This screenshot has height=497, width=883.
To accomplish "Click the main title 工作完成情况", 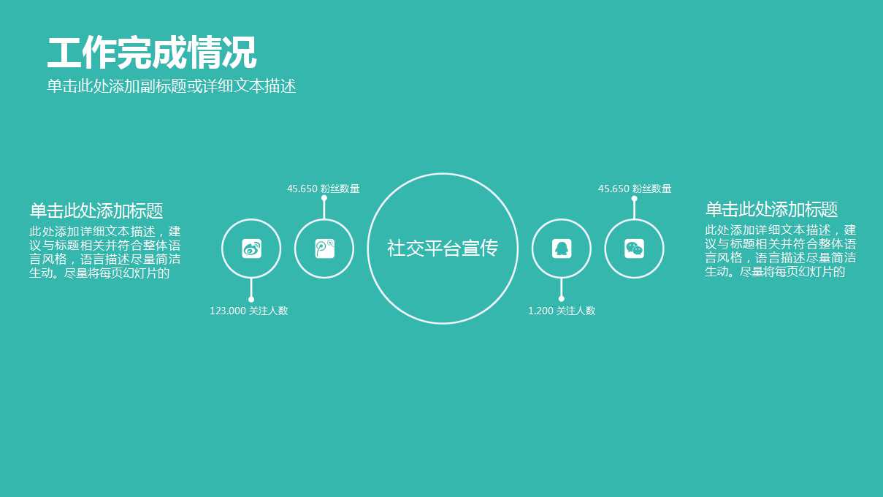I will pos(152,53).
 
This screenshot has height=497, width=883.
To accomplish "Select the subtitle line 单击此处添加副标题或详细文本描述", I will pos(172,86).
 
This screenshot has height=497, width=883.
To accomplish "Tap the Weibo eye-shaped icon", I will pos(251,248).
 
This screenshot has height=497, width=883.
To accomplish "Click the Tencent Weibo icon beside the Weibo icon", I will pos(324,248).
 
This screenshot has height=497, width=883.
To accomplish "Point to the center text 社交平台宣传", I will pos(443,248).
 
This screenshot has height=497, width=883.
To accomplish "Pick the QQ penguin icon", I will pos(561,248).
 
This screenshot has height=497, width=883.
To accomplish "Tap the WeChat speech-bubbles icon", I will pos(634,248).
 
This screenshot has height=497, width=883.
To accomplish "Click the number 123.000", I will pos(227,311).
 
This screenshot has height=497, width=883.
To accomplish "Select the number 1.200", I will pos(540,311).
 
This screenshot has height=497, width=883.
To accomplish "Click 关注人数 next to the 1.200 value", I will pos(576,311).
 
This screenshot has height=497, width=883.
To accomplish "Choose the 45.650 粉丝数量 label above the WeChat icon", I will pos(634,189).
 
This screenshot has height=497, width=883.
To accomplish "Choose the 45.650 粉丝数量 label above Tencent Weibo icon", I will pos(323,189).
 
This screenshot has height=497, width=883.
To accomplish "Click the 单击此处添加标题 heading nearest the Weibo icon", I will pos(96,211).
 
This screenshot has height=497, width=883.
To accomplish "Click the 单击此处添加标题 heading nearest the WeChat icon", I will pos(771,210).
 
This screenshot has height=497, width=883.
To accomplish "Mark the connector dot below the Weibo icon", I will pos(251,299).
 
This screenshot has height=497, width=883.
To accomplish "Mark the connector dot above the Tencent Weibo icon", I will pos(324,198).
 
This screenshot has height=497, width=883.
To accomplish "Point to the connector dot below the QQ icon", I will pos(561,298).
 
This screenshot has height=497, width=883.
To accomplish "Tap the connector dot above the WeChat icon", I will pos(634,199).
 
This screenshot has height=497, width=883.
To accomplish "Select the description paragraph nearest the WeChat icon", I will pos(780,251).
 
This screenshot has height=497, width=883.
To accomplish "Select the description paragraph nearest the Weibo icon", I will pos(105,252).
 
